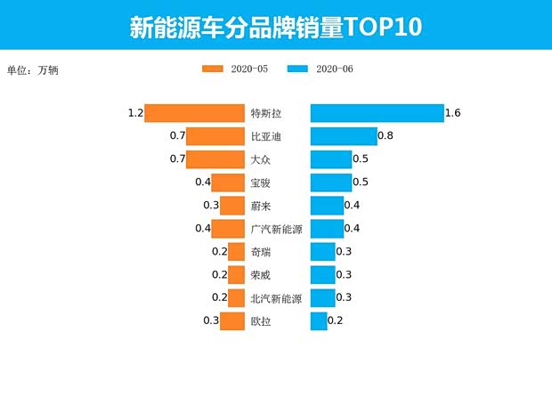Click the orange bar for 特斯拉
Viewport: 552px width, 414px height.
194,113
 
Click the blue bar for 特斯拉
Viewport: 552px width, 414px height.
377,113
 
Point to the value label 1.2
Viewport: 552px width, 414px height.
135,113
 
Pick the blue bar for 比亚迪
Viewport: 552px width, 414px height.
344,136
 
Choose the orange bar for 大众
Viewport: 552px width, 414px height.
215,159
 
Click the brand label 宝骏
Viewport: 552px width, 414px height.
261,183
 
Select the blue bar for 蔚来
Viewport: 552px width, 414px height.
327,206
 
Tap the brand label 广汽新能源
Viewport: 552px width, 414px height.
277,229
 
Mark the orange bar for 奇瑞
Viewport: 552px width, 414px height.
236,252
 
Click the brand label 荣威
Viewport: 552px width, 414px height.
261,275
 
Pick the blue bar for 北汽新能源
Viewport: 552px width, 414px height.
322,298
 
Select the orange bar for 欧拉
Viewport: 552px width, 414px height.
232,321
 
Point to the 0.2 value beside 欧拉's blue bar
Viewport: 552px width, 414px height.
336,321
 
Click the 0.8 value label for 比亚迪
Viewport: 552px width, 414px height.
386,136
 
